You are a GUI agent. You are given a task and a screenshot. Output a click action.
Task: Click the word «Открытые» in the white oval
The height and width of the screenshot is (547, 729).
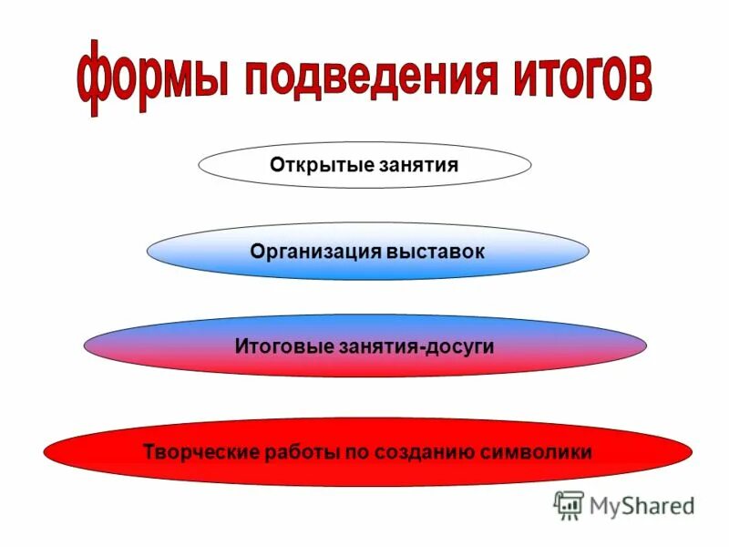click(x=314, y=165)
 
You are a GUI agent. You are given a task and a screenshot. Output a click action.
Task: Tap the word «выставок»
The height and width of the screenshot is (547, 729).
click(x=433, y=251)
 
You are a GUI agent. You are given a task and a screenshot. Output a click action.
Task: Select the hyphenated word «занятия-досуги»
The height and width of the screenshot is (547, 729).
click(x=413, y=346)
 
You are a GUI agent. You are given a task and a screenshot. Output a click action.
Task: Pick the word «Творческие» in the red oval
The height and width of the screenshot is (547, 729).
click(x=201, y=451)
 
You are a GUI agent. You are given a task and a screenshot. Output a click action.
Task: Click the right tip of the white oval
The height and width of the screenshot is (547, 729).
click(x=530, y=165)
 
